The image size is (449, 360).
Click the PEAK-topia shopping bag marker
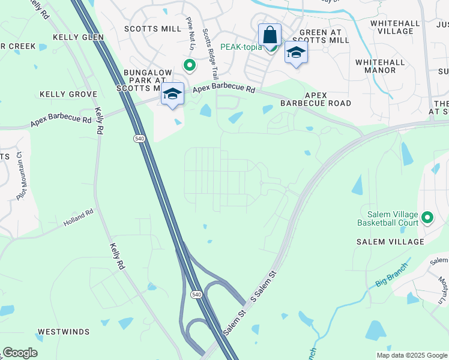click(270, 35)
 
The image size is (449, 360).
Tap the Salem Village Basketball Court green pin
click(427, 217)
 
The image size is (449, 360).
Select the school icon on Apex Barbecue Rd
click(172, 94)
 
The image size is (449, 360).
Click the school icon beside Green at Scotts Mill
click(296, 53)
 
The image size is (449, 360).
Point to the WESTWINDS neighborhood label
click(64, 332)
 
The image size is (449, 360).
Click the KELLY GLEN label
click(78, 37)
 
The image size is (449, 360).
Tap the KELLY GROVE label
click(68, 94)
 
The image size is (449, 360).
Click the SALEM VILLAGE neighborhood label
click(390, 242)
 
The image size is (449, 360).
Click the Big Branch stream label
click(392, 274)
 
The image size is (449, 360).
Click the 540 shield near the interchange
click(197, 295)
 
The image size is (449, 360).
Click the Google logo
click(20, 353)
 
